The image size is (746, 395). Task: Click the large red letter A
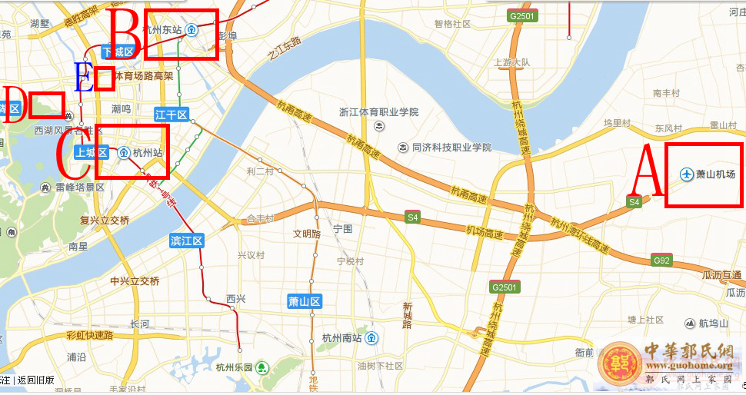647,174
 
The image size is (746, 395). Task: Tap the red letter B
125,32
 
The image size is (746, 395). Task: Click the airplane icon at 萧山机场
687,174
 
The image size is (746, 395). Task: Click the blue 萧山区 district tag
304,301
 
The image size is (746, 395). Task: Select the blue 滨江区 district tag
187,241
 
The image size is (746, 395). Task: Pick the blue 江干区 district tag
172,115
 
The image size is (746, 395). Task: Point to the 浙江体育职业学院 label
379,112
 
